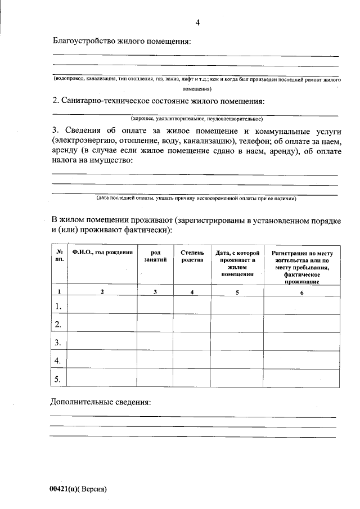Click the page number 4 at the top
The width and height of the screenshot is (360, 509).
click(197, 22)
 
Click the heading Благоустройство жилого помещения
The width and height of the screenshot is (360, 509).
click(121, 41)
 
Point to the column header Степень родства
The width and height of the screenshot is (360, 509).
click(192, 256)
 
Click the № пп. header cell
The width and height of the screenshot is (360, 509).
click(59, 256)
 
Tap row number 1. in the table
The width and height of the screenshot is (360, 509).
click(58, 306)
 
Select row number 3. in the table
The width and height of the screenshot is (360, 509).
click(58, 342)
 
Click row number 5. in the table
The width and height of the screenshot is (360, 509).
click(58, 379)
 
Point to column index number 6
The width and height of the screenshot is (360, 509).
click(301, 292)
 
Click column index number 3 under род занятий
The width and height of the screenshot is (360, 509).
click(155, 292)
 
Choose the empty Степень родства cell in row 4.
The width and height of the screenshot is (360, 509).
click(192, 360)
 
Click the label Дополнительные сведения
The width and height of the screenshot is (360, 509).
click(101, 403)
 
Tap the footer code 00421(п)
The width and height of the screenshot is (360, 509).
click(64, 489)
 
